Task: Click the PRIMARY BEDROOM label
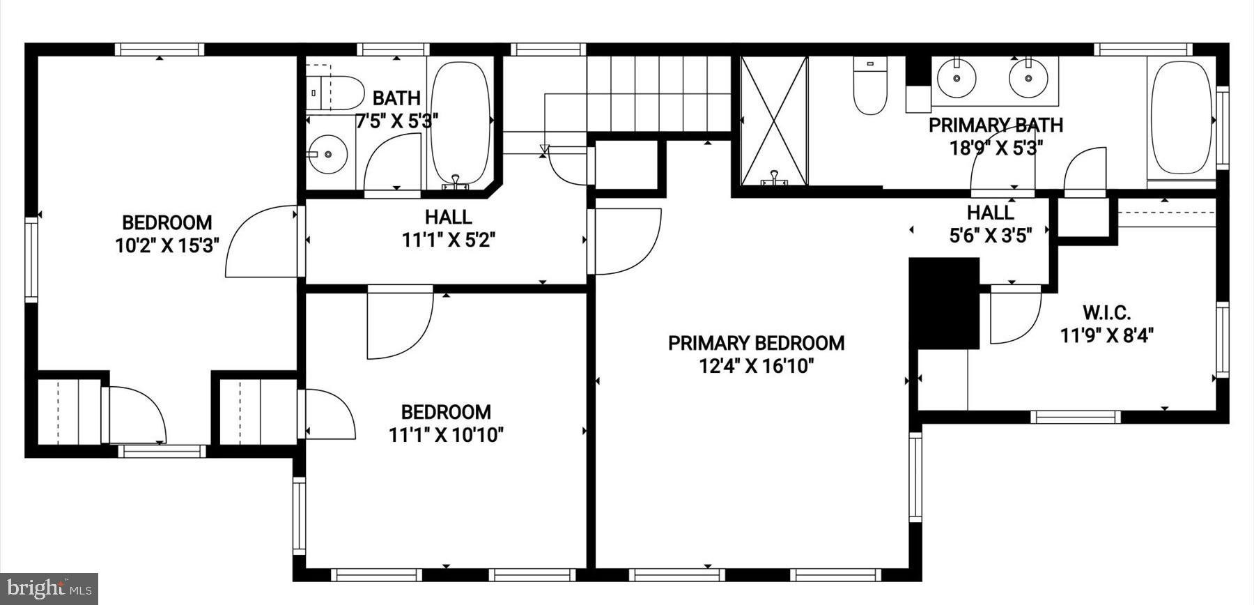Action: [756, 343]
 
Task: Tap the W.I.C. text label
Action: [1106, 313]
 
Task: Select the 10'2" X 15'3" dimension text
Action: [167, 245]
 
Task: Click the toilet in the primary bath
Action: [869, 86]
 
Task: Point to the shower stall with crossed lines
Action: [773, 121]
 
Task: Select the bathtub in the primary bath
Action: [1180, 118]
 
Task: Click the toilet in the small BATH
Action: [336, 92]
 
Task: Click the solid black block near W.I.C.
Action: [944, 302]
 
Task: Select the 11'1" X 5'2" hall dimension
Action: [449, 240]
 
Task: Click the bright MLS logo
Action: [48, 589]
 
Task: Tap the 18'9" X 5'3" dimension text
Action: [996, 148]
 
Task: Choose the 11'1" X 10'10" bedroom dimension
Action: [446, 435]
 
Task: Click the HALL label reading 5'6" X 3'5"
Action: [990, 223]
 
